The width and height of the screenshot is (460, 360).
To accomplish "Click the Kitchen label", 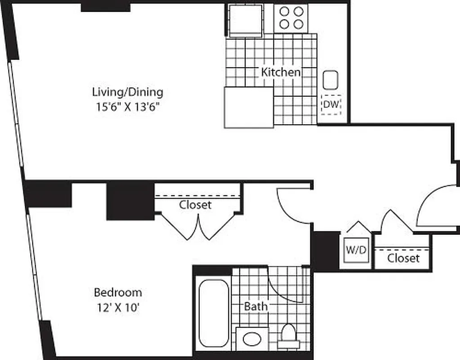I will (281, 72).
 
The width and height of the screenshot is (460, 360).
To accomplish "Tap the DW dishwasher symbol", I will (331, 105).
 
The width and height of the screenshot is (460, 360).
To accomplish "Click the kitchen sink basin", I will (330, 80).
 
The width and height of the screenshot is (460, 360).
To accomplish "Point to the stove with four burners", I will (291, 18).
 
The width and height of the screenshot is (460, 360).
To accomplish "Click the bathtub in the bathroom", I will (213, 313).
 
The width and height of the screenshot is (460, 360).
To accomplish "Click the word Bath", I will (256, 307).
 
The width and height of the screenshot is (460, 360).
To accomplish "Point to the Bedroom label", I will (118, 292).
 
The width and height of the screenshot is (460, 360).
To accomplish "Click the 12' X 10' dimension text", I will (118, 308).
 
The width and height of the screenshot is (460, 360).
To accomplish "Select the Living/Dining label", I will (128, 93).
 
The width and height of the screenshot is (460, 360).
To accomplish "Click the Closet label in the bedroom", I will (195, 205).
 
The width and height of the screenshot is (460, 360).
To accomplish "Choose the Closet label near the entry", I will (403, 258).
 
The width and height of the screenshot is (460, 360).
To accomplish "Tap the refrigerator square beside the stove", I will (246, 20).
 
